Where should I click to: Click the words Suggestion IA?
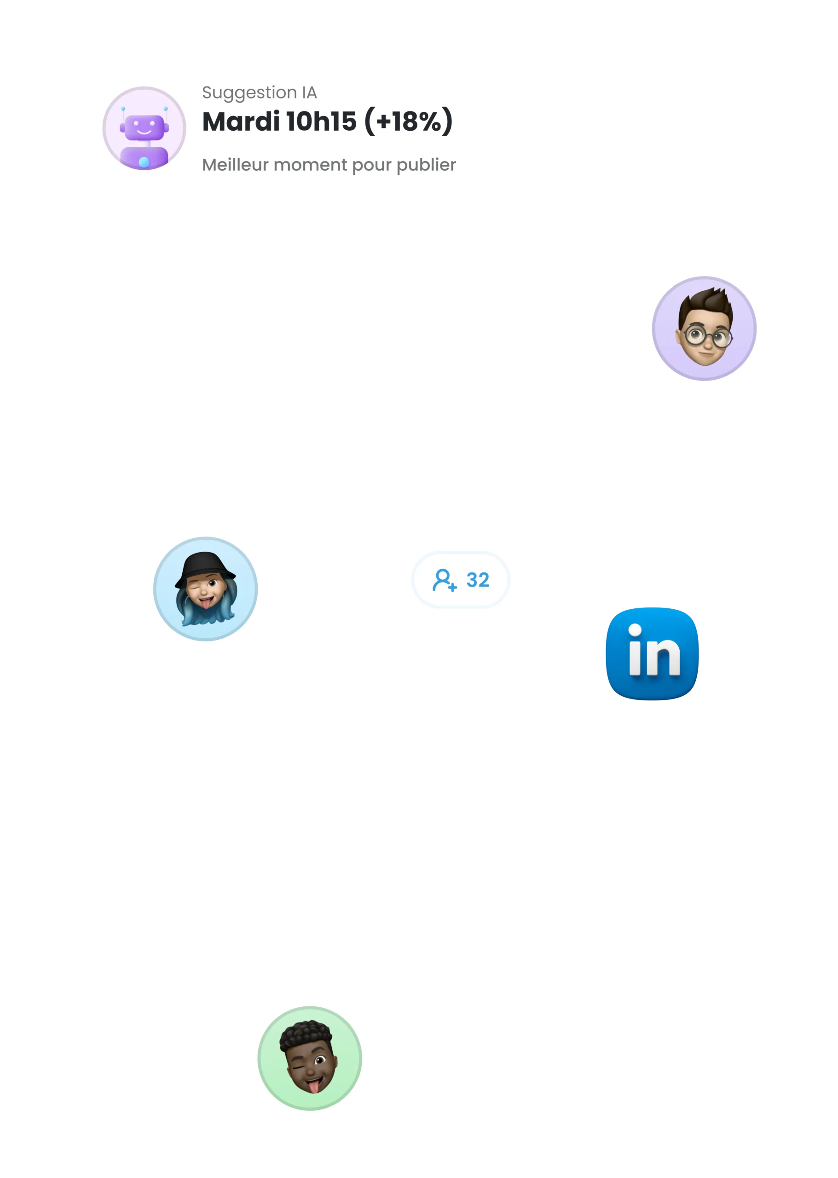(259, 92)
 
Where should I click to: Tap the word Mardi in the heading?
(241, 122)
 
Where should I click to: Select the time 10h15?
(321, 122)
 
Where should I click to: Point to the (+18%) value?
(408, 122)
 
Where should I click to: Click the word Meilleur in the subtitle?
(235, 165)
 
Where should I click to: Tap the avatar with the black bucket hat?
(205, 589)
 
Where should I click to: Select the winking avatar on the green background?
(310, 1057)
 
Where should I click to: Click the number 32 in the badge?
(477, 580)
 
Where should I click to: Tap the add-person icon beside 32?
(444, 580)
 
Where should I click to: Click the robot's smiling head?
(144, 127)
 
